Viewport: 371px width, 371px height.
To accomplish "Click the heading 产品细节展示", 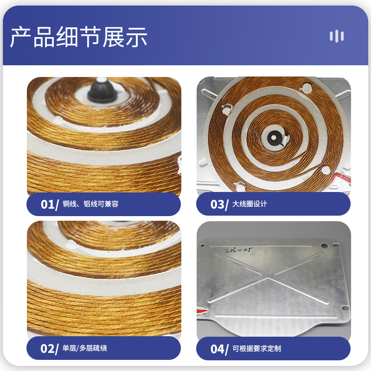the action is (79, 37).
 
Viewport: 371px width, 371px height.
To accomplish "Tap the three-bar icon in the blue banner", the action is (337, 37).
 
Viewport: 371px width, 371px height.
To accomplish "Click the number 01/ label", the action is (50, 205).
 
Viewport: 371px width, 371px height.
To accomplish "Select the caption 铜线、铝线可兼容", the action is (90, 204).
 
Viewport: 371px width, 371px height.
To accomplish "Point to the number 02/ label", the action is (50, 349).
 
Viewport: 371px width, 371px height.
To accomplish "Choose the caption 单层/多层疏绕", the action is (85, 348).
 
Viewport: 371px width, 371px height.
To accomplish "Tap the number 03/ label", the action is (219, 205).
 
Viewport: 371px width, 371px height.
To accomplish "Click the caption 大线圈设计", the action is (249, 204).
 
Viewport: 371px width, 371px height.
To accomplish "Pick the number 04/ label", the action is (219, 349).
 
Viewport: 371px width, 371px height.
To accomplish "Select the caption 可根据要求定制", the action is (256, 349).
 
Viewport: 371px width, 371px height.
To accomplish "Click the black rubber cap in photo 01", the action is (102, 91).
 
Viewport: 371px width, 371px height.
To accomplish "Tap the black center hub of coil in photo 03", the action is (274, 138).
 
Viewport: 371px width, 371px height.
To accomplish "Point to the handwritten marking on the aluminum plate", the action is (238, 250).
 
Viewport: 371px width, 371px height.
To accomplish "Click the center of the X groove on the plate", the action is (268, 276).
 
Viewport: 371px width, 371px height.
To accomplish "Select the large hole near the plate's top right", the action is (324, 245).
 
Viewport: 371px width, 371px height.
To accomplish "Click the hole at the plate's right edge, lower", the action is (345, 308).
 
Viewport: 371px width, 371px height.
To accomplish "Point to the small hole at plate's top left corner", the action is (202, 245).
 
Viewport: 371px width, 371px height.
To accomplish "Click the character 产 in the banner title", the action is (20, 37).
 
